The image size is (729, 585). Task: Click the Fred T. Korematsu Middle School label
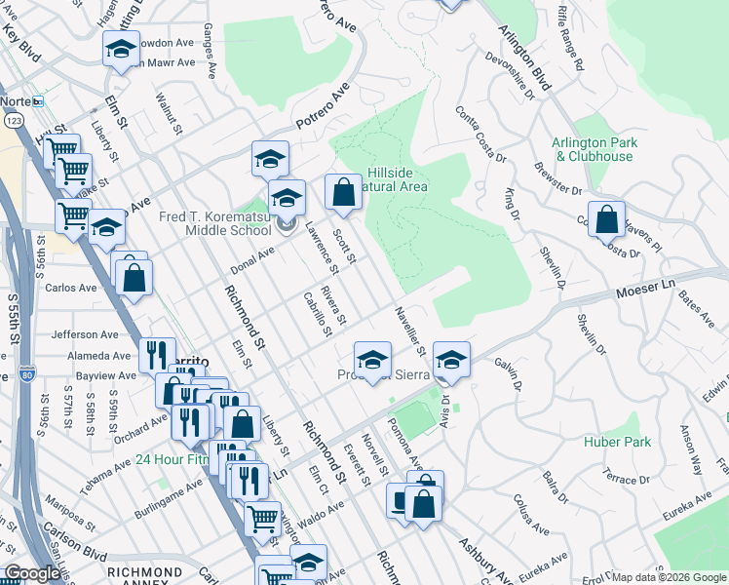tap(215, 223)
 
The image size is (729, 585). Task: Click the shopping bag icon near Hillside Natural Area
tap(343, 193)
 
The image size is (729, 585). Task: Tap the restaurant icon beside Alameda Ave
tap(157, 353)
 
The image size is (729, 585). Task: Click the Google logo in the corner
tap(32, 574)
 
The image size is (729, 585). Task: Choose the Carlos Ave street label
tap(71, 289)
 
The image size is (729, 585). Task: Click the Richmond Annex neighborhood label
tap(143, 572)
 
